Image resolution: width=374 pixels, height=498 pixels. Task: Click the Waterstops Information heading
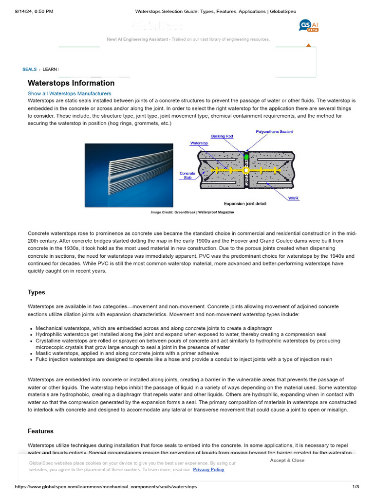point(71,83)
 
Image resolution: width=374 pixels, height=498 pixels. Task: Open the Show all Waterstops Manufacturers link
point(69,93)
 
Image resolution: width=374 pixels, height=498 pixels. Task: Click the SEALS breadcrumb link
point(29,70)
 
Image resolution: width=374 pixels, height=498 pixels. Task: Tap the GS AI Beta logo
point(309,26)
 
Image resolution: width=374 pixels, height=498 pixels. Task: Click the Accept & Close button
point(287,460)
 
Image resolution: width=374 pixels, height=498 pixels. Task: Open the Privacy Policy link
point(208,470)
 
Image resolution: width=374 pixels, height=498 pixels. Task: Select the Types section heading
point(37,292)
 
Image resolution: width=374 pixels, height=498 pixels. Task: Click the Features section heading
point(40,431)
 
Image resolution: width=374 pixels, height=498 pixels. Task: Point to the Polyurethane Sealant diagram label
point(274,132)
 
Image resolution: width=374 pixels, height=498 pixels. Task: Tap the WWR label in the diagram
point(293,198)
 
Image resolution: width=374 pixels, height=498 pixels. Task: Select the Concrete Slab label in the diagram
point(187,176)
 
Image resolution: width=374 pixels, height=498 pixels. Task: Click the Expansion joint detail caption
point(245,204)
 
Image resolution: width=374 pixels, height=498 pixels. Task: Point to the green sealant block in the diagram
point(246,157)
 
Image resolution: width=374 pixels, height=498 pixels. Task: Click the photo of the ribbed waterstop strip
point(129,175)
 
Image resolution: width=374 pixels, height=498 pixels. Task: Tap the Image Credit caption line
point(192,213)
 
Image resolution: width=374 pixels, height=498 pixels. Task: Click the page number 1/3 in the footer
point(355,487)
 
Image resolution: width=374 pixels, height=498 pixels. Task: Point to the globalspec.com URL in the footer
point(106,487)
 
